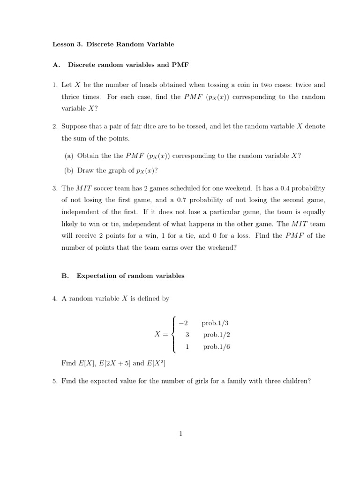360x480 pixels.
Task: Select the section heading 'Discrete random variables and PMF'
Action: (128, 65)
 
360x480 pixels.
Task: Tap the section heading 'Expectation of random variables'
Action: (130, 276)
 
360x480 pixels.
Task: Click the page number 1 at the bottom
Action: (180, 434)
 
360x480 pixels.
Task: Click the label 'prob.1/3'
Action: (215, 323)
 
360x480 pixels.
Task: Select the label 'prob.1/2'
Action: (216, 335)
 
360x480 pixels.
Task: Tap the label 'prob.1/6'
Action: (216, 347)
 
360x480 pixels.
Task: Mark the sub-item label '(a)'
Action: (69, 156)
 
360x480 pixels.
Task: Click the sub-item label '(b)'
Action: (69, 171)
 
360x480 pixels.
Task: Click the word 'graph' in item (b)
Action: (116, 171)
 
